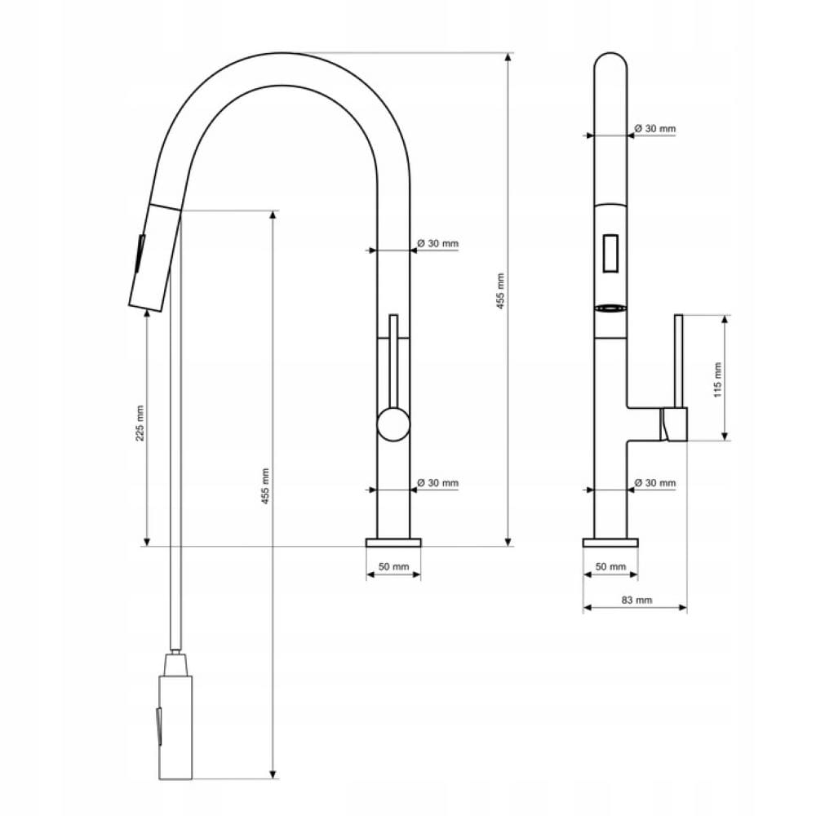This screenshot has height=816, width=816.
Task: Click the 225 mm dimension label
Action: click(140, 423)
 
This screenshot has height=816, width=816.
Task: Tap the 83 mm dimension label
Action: click(636, 600)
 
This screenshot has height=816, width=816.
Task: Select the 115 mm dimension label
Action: click(717, 380)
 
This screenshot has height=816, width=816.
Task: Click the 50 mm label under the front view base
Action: click(393, 567)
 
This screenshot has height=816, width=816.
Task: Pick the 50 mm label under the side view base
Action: click(610, 566)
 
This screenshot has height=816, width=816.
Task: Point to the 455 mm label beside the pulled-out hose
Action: click(265, 486)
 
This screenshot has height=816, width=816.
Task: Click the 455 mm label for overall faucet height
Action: click(500, 291)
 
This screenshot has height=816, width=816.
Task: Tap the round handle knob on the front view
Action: click(393, 424)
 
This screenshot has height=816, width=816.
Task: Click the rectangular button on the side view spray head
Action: click(610, 253)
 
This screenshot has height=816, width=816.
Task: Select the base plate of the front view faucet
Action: click(393, 543)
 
